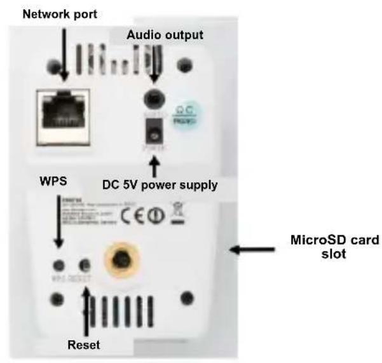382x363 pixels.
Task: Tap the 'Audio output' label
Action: [165, 36]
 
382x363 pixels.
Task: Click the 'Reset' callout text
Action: [85, 345]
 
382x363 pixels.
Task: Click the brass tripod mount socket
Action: [121, 256]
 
